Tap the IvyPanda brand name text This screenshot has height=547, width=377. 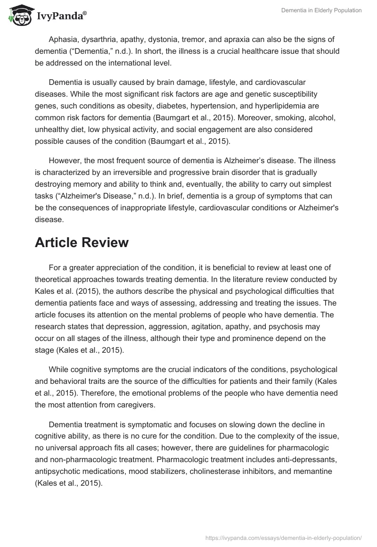tap(61, 17)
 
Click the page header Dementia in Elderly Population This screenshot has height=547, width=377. tap(322, 11)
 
